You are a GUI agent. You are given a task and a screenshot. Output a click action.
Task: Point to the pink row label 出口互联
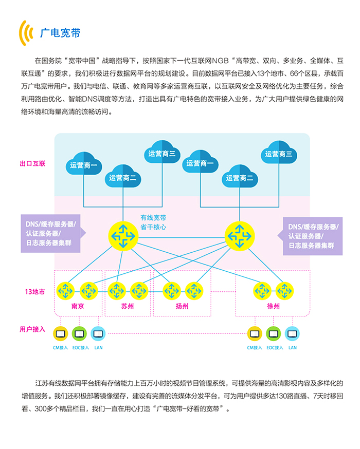tap(32, 164)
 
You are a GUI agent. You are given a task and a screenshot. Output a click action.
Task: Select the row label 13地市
tap(34, 292)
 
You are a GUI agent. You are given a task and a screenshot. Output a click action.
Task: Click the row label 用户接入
tap(32, 329)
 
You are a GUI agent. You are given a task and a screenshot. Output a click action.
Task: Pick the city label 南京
tap(78, 306)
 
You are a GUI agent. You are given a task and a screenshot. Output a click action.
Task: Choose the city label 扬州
tap(182, 306)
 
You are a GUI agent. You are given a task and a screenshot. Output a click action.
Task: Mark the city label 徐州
tap(274, 306)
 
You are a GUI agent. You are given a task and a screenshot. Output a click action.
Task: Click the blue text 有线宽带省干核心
tap(153, 222)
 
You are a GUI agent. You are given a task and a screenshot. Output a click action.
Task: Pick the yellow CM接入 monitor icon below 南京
tap(61, 334)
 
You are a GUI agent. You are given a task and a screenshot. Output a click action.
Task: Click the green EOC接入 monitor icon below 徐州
tap(274, 334)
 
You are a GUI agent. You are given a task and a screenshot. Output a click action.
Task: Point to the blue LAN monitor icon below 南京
tap(98, 334)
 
